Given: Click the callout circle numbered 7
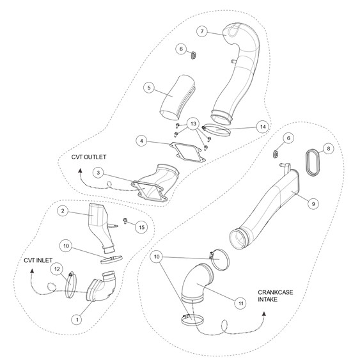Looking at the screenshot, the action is pos(202,31).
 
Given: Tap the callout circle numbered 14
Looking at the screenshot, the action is pos(263,127).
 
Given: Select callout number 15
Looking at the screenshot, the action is pos(141,227).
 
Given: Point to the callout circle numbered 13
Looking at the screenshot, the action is pos(193,124).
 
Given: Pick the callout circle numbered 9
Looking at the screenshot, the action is pos(313,203).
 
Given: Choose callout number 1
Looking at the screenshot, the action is pos(77,320).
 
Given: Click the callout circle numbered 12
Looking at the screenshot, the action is pos(57,269).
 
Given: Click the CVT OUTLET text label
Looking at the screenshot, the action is pos(89,157).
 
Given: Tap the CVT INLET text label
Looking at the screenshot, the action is pos(38,260).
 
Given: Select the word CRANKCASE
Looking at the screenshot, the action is pos(276,292).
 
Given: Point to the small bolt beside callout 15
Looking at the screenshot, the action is pos(125,221).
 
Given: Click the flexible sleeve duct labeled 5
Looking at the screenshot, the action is pos(178,97).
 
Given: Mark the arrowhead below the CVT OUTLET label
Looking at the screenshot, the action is pos(81,171).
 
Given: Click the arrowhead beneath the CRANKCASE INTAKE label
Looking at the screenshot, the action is pos(264,314).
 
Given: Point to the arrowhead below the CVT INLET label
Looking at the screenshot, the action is pos(32,271).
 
